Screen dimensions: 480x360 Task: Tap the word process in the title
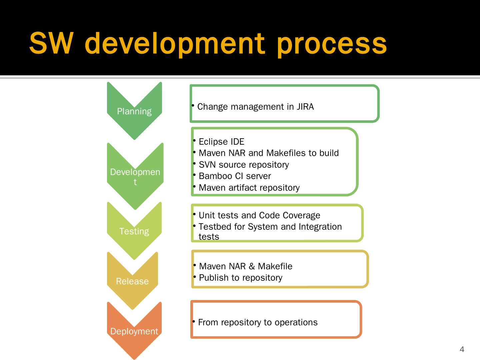point(332,44)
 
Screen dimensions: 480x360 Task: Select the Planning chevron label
point(134,111)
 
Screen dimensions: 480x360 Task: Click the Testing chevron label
point(134,231)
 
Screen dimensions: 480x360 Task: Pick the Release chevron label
point(132,281)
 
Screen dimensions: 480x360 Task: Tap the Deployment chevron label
point(134,331)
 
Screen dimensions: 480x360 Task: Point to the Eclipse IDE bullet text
point(221,142)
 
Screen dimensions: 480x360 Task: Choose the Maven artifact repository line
point(249,188)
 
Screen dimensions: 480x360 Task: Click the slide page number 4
point(462,349)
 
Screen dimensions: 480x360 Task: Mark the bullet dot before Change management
point(193,106)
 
